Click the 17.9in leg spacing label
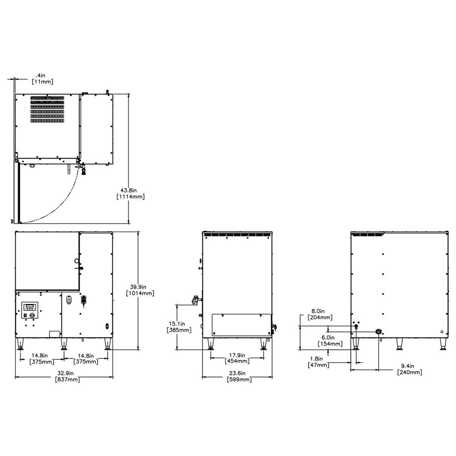237,355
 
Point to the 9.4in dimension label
409,366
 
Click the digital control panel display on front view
30,307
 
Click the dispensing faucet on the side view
195,300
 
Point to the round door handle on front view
77,261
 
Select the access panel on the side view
241,325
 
